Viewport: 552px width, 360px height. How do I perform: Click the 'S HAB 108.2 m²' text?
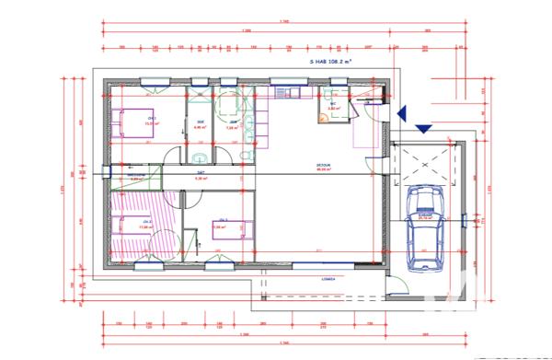[x=332, y=64]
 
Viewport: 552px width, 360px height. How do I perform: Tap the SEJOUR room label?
[x=323, y=167]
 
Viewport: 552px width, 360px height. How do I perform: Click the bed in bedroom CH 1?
[x=136, y=122]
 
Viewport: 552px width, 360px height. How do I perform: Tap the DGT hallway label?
[x=200, y=174]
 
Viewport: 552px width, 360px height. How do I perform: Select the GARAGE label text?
[x=425, y=211]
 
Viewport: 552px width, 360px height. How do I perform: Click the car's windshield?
[x=424, y=211]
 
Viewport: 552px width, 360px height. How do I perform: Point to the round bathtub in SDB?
[x=227, y=103]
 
